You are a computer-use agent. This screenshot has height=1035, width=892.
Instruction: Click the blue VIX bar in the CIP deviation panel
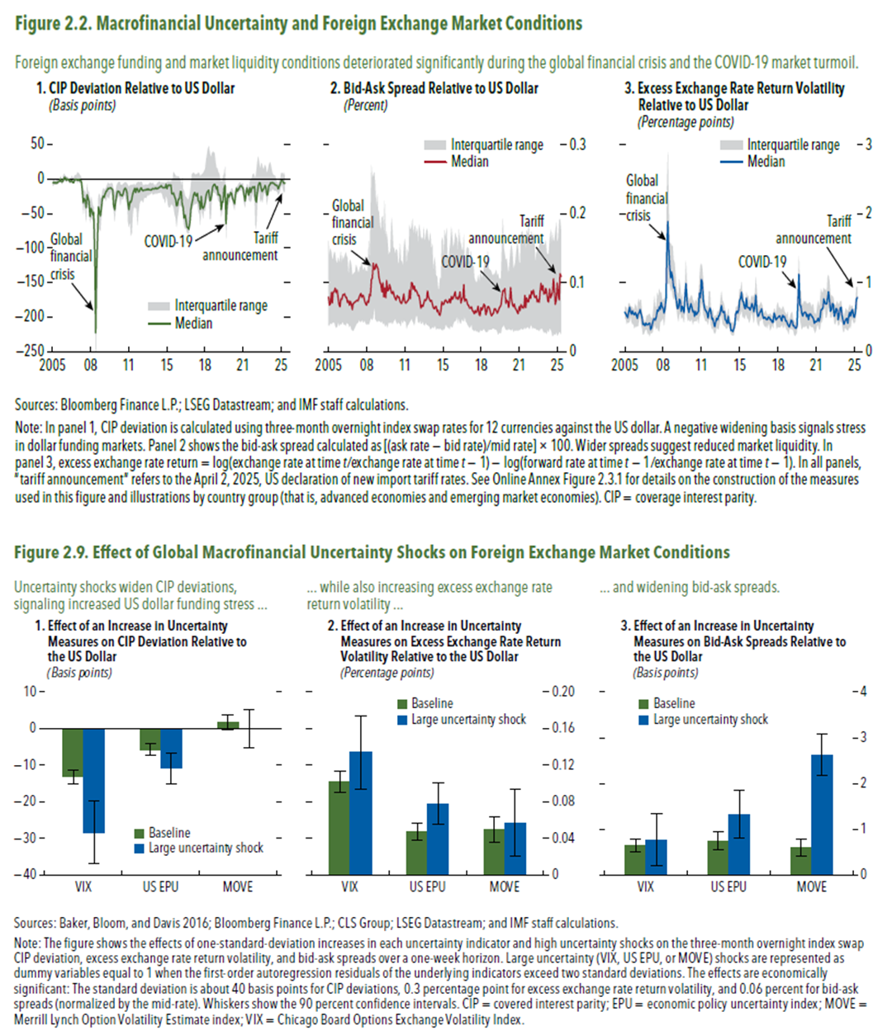coord(93,780)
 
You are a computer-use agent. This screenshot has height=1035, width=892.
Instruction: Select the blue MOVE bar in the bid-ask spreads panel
coord(822,814)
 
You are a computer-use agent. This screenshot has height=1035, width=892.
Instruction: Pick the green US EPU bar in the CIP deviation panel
coord(149,739)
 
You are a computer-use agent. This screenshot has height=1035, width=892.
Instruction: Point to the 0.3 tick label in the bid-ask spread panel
coord(576,144)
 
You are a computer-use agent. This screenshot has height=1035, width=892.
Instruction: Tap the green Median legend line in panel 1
coord(160,324)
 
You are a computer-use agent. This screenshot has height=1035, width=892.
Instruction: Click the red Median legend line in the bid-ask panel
coord(435,162)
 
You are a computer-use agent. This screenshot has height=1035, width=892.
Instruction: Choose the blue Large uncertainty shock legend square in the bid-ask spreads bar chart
coord(644,721)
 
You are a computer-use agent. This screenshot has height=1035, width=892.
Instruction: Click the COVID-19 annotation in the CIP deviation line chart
coord(168,241)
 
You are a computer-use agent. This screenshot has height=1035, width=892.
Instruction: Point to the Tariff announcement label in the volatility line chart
coord(814,229)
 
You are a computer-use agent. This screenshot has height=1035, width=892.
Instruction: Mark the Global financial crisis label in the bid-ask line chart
coord(352,222)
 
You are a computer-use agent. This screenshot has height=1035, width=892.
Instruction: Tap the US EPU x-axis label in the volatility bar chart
coord(427,887)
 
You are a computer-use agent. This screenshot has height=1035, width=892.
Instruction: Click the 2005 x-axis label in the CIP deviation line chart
coord(52,366)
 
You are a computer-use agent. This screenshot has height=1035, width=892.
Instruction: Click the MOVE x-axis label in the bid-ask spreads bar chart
coord(811,887)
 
